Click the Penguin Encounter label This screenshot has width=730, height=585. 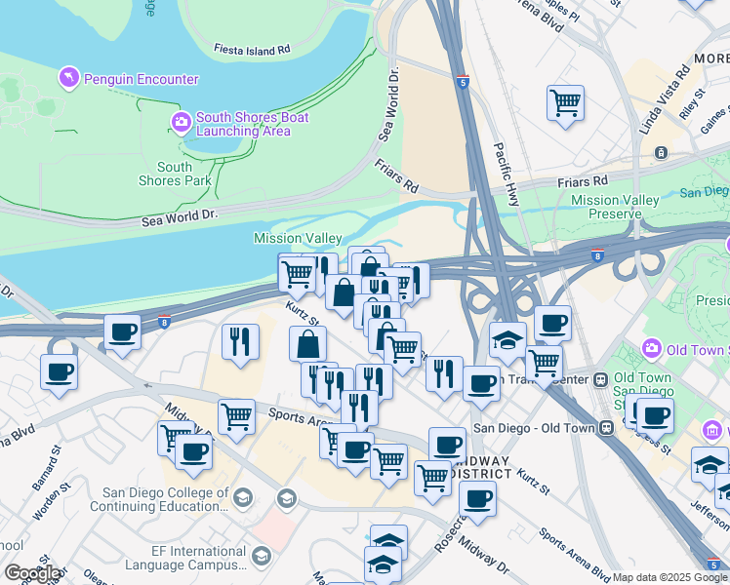click(x=142, y=79)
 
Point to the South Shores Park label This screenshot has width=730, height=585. click(x=175, y=174)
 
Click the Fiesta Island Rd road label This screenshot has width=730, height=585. click(x=252, y=48)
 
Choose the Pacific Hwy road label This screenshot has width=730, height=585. click(x=506, y=175)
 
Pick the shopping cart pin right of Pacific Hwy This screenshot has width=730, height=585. click(x=565, y=102)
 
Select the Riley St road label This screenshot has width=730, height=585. click(x=694, y=99)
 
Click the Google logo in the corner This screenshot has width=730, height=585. click(x=31, y=573)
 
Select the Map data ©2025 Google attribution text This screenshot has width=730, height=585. click(x=669, y=577)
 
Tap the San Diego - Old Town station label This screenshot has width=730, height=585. click(x=535, y=427)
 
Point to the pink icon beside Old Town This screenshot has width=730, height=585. click(x=652, y=348)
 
